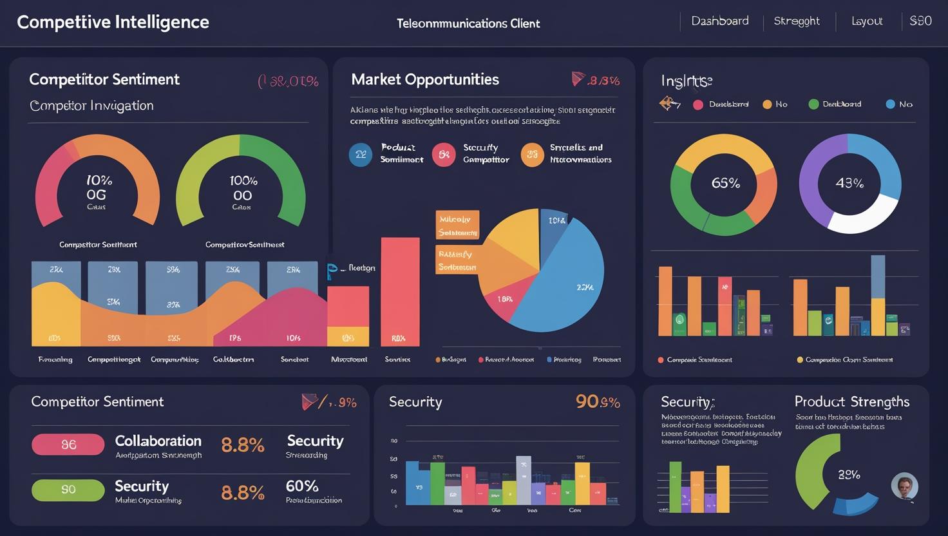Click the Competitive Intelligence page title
[113, 23]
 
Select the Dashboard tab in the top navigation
[719, 21]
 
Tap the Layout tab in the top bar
[866, 21]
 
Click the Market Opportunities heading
[424, 80]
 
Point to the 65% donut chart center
[725, 184]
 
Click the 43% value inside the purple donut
[849, 184]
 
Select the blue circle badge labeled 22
[360, 155]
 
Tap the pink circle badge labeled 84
[444, 155]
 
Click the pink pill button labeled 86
[68, 445]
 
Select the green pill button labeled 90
[68, 490]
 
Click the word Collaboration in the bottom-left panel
[158, 441]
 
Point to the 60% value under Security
[302, 486]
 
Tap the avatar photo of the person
[904, 486]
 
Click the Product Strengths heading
[851, 402]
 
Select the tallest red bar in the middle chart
[400, 291]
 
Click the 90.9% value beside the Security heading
[597, 402]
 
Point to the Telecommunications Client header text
[468, 24]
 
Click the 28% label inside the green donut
[848, 475]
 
